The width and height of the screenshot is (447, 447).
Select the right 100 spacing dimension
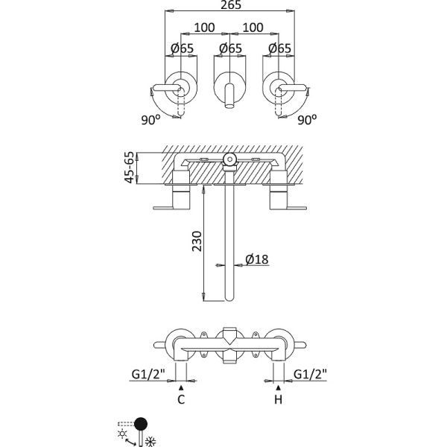click(x=254, y=28)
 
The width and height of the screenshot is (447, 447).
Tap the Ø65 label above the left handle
click(x=182, y=49)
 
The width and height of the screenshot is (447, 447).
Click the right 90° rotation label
click(x=306, y=119)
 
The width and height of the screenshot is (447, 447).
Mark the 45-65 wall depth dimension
click(x=130, y=168)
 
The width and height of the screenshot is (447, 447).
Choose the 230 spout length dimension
click(x=196, y=241)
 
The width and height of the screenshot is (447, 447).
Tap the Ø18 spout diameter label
click(x=256, y=260)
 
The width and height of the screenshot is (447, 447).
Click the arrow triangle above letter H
click(x=279, y=388)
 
